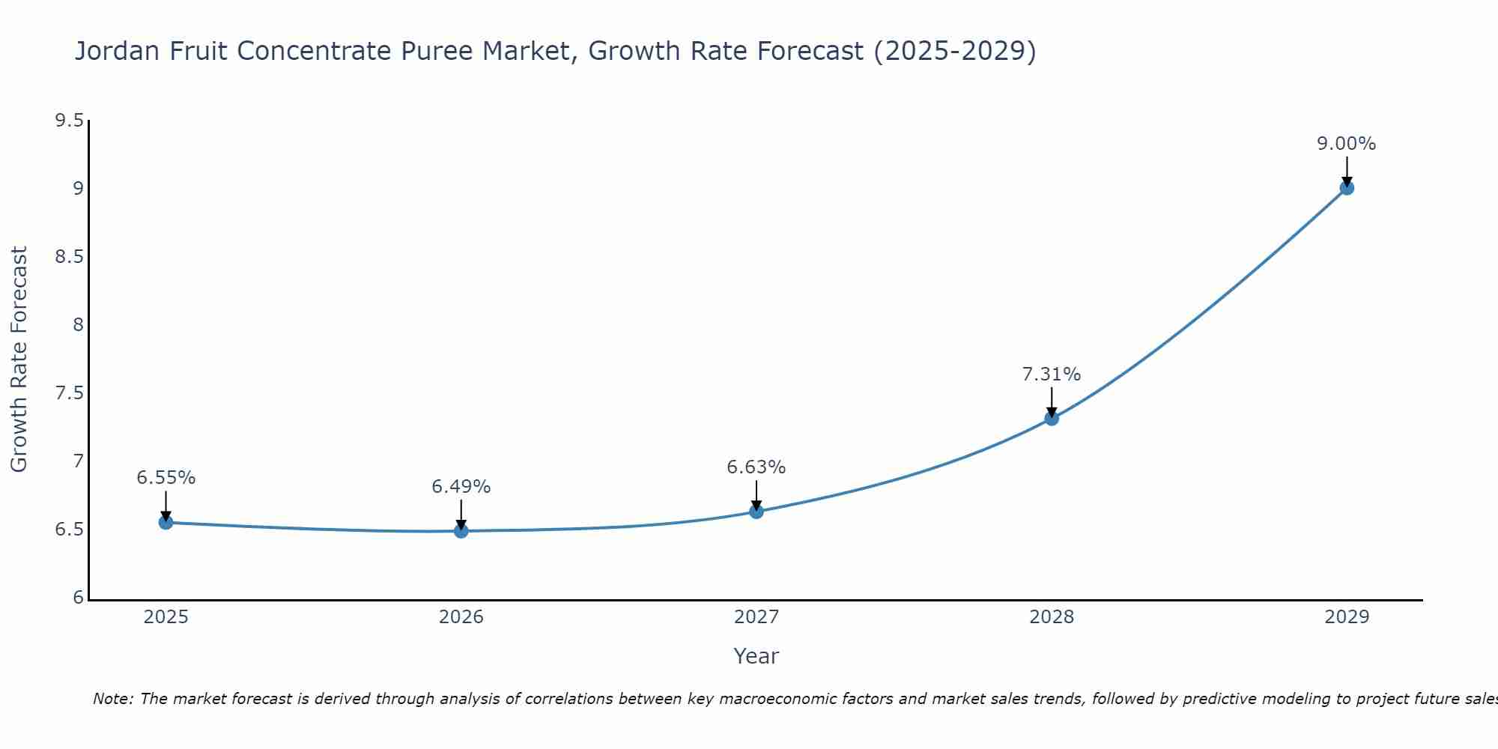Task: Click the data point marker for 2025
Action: [166, 522]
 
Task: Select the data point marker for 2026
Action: [461, 530]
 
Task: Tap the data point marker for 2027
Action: [756, 512]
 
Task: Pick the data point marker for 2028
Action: [1051, 418]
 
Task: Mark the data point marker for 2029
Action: [1346, 188]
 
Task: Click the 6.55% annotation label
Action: [166, 478]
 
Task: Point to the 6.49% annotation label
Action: [461, 487]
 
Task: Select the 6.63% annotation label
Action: [756, 467]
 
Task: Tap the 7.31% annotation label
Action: [1051, 374]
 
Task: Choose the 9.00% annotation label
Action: [1346, 144]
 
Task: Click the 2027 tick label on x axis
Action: [756, 617]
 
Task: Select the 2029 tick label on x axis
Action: [1346, 617]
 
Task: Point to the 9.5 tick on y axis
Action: [69, 121]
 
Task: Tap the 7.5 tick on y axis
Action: [69, 393]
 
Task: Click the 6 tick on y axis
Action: [78, 598]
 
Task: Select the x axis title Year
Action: [756, 656]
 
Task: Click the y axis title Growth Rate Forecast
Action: [19, 360]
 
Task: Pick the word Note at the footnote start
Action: [112, 699]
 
